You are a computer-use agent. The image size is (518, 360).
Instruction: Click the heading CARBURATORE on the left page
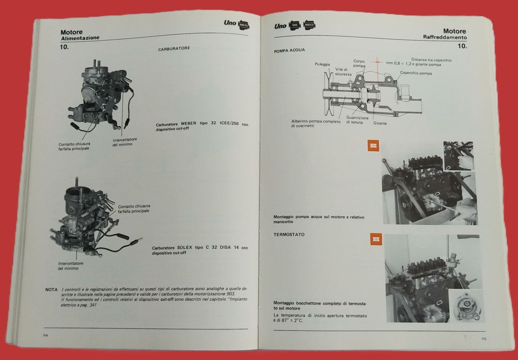[174, 49]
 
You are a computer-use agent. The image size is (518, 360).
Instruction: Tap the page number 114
[46, 336]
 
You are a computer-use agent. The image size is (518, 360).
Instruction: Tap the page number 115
[483, 339]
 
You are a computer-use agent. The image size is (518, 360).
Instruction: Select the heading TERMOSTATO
[289, 234]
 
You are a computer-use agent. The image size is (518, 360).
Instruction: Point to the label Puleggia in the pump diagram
[322, 64]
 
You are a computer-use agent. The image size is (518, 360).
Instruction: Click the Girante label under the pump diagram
[380, 123]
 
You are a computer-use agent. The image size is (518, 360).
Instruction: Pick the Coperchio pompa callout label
[416, 73]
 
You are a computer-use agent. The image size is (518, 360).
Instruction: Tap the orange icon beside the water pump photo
[373, 146]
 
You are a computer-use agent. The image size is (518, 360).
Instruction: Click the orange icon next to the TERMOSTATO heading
[376, 240]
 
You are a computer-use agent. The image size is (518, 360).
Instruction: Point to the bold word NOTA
[52, 290]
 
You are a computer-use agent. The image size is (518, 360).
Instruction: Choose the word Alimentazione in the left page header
[80, 38]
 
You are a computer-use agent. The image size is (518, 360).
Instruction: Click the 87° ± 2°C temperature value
[294, 322]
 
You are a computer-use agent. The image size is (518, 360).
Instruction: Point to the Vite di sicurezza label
[343, 71]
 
